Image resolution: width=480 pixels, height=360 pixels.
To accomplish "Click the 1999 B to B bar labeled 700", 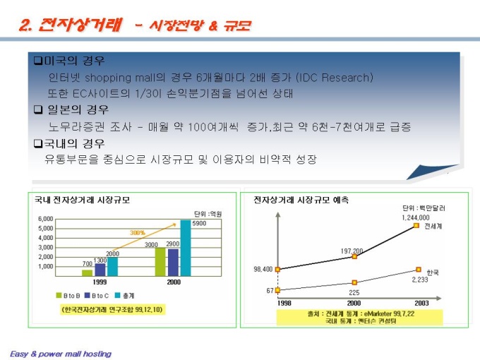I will pyautogui.click(x=87, y=272).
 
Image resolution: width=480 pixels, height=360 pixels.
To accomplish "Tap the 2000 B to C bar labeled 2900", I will pyautogui.click(x=173, y=262).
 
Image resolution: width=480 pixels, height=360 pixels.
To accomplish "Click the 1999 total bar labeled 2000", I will pyautogui.click(x=113, y=266).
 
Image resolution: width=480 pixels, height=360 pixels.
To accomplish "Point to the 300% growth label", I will pyautogui.click(x=138, y=232).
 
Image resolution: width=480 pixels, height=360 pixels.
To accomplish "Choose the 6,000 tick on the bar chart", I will pyautogui.click(x=44, y=219).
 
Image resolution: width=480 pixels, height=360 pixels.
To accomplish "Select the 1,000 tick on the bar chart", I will pyautogui.click(x=44, y=266).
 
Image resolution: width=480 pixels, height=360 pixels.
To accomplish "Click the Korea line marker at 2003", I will pyautogui.click(x=419, y=270).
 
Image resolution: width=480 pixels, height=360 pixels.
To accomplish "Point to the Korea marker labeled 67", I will pyautogui.click(x=278, y=290).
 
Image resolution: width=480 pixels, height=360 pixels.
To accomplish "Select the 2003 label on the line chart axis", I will pyautogui.click(x=419, y=303).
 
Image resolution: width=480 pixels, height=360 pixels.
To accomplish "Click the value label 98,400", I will pyautogui.click(x=263, y=269).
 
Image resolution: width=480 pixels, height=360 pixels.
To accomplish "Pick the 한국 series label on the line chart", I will pyautogui.click(x=432, y=272).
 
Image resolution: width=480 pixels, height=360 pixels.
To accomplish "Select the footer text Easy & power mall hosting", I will pyautogui.click(x=61, y=353).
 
